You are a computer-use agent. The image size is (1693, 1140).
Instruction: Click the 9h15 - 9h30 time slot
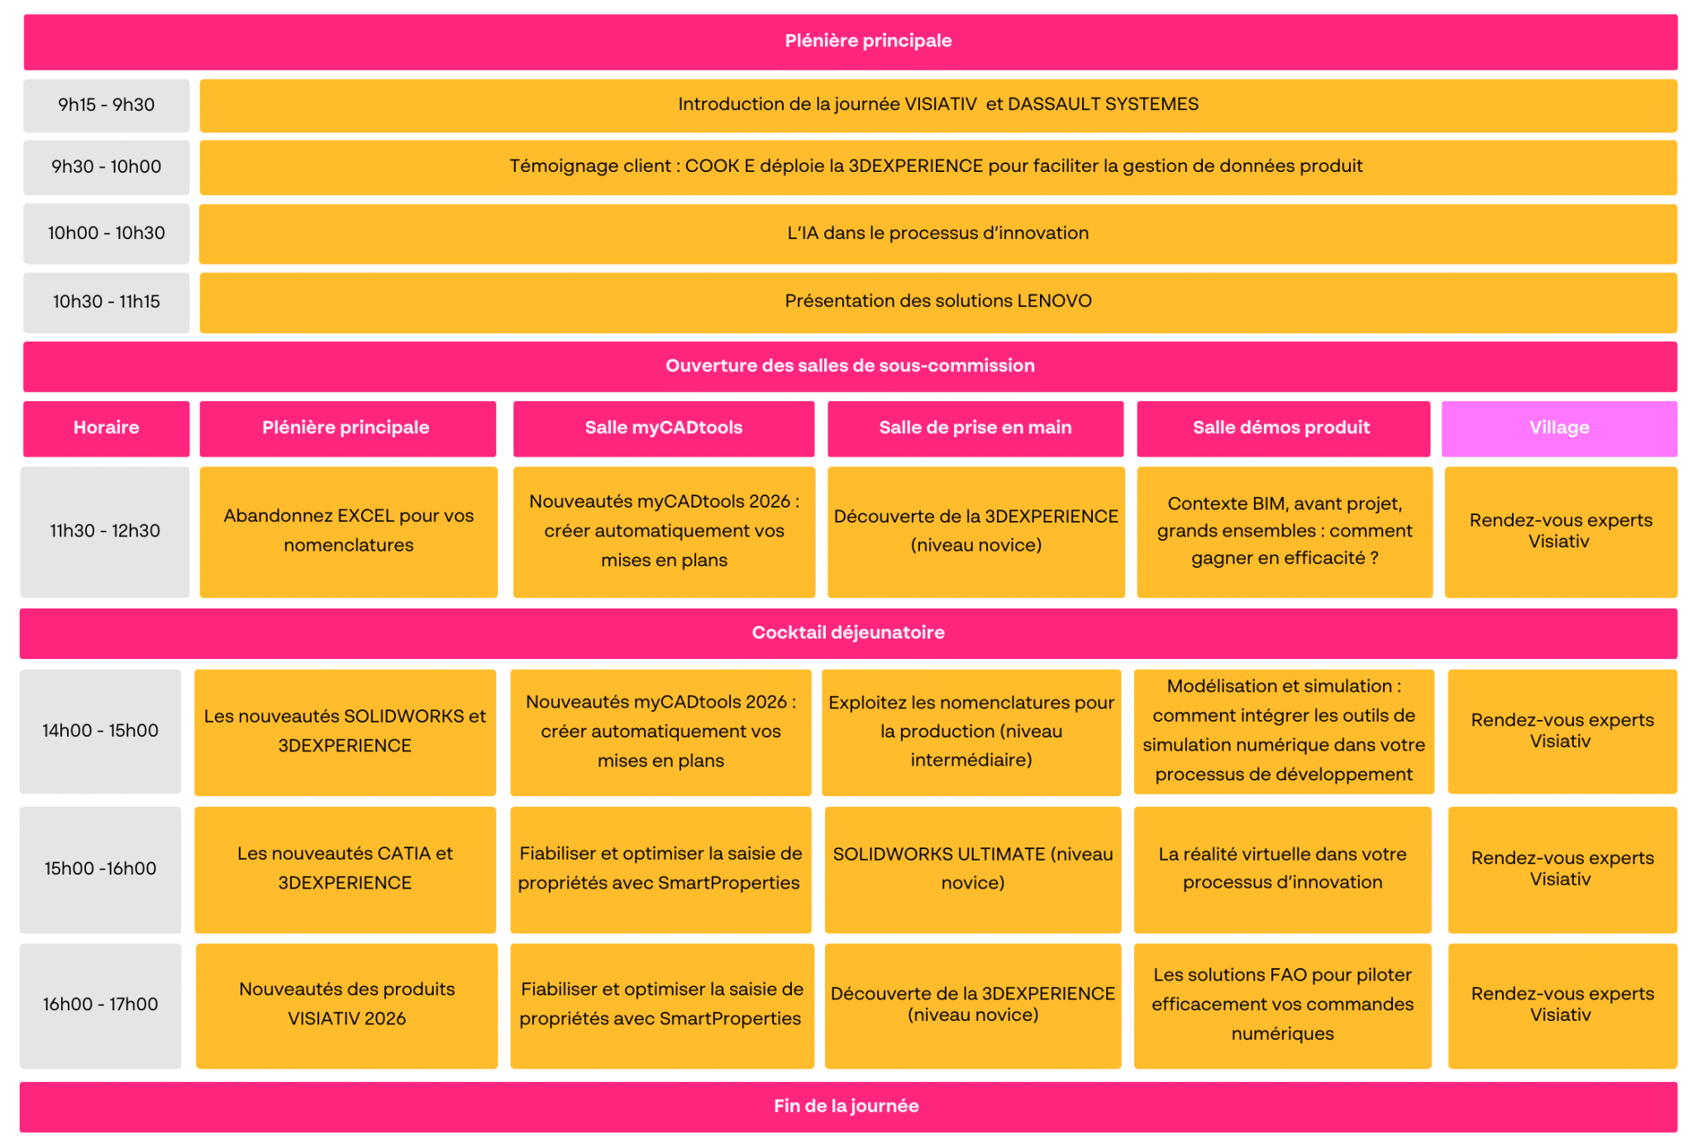click(x=106, y=105)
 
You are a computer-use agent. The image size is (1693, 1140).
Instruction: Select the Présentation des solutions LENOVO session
click(x=938, y=302)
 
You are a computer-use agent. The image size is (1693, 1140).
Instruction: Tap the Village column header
click(x=1559, y=428)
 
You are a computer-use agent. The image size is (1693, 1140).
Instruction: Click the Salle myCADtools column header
click(x=664, y=428)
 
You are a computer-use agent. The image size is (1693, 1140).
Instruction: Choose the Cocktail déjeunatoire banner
click(x=848, y=633)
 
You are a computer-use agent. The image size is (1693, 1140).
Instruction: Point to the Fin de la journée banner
click(x=848, y=1107)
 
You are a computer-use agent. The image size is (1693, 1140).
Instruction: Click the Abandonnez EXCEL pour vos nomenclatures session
click(x=349, y=532)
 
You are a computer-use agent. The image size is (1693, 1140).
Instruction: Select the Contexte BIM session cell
click(x=1285, y=532)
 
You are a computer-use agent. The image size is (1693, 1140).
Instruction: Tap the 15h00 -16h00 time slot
click(x=100, y=870)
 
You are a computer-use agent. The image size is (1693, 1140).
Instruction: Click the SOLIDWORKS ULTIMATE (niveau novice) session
click(x=973, y=870)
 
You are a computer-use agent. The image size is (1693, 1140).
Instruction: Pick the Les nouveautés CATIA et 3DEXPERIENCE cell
click(x=345, y=870)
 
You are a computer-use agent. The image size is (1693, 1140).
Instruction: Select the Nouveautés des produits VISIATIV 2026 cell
click(x=346, y=1005)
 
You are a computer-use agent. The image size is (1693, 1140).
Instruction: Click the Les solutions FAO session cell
click(x=1282, y=1005)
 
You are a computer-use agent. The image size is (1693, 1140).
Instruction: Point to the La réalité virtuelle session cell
click(x=1282, y=870)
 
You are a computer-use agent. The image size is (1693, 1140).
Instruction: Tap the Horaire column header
click(x=106, y=428)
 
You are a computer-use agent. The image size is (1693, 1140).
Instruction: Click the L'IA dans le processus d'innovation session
click(x=938, y=234)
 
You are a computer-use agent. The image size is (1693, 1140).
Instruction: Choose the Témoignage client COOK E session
click(x=938, y=167)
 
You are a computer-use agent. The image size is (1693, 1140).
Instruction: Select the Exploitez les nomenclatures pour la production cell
click(x=971, y=732)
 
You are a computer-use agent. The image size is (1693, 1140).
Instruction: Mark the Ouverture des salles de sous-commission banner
click(x=850, y=366)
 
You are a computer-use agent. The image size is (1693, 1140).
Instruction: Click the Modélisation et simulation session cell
click(x=1284, y=732)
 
